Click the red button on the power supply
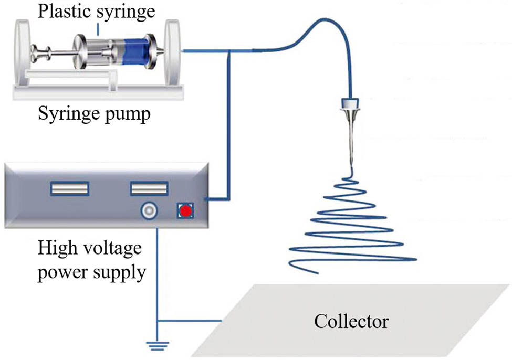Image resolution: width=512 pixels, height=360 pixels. pos(184,211)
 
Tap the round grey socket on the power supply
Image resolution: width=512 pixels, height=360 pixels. pos(148,211)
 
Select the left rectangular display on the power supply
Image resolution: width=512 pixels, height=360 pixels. pos(70,188)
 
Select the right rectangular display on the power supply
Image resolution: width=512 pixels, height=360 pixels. pos(149,188)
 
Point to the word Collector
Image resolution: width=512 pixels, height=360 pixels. pos(351,321)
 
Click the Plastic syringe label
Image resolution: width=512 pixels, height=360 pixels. pos(97,11)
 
